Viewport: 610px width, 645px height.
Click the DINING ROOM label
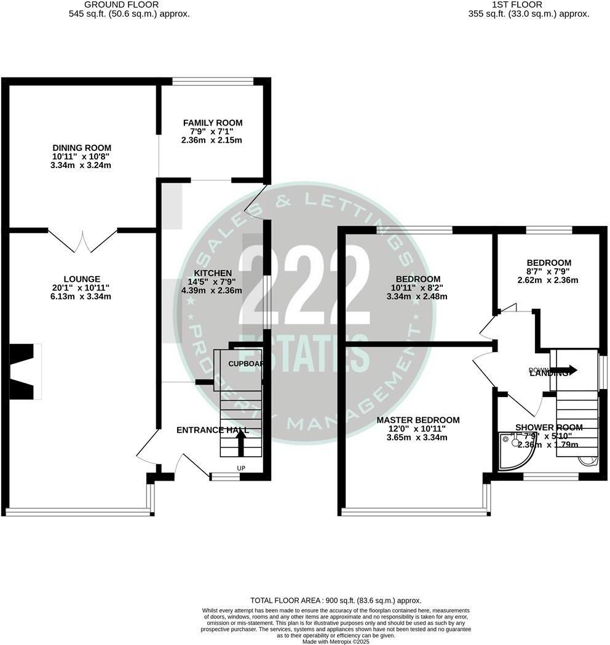pos(81,148)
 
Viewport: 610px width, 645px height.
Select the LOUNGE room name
pos(81,279)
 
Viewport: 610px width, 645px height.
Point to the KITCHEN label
pos(212,273)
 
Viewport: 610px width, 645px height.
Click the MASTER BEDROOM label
pos(418,420)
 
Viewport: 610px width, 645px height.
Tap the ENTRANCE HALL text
pos(212,430)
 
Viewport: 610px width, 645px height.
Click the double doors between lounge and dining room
pos(82,241)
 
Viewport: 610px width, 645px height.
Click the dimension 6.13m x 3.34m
pos(81,297)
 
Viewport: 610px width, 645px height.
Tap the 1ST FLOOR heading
pos(526,4)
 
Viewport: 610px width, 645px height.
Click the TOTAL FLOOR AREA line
pos(335,600)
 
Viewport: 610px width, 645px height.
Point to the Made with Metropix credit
pos(335,641)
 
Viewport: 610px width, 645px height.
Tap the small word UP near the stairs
pos(241,469)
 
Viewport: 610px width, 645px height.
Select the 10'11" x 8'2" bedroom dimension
pos(418,288)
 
